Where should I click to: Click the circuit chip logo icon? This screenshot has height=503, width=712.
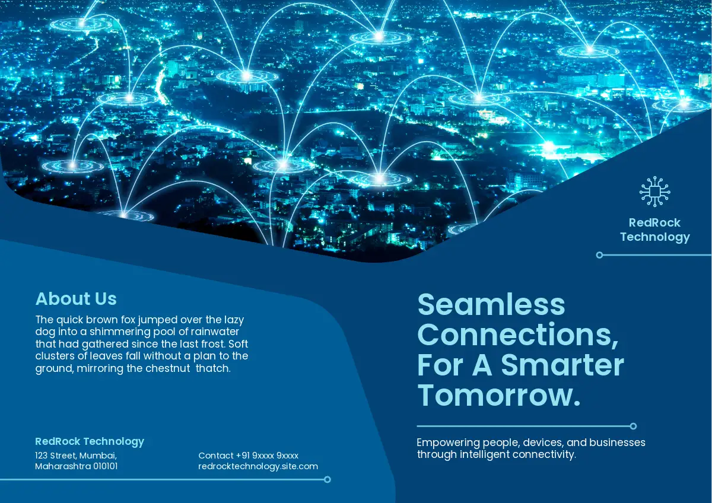tap(655, 192)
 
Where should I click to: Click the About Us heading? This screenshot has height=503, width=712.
tap(76, 299)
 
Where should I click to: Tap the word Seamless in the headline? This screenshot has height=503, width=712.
tap(491, 304)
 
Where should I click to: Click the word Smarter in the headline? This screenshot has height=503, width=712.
tap(562, 365)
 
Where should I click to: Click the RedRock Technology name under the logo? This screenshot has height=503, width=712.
tap(655, 230)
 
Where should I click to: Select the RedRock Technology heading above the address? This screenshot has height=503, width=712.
tap(90, 441)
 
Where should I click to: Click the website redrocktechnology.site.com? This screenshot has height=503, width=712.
tap(258, 466)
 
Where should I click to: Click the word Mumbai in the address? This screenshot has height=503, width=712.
tap(98, 456)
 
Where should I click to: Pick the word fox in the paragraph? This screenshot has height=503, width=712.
tap(128, 319)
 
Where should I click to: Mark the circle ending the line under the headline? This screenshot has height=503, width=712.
tap(633, 426)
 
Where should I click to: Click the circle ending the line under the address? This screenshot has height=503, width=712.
tap(328, 479)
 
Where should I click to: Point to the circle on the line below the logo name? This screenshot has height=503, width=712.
tap(599, 255)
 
